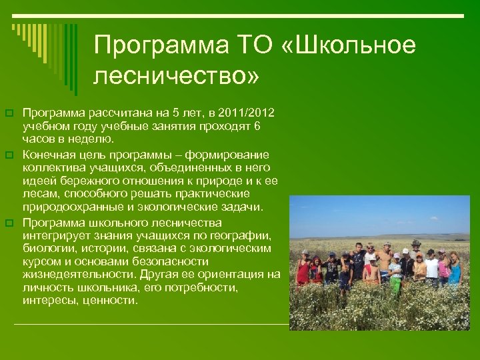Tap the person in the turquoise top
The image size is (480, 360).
pos(455,269)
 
